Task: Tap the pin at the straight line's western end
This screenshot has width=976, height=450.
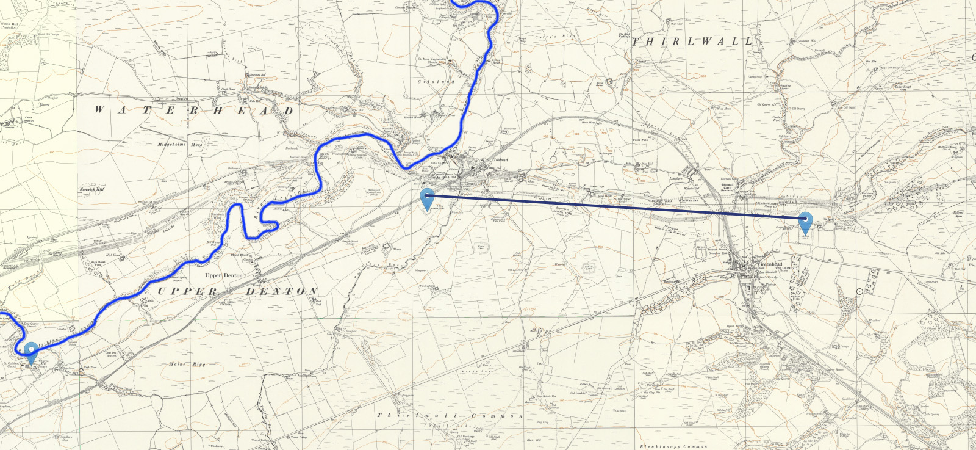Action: pyautogui.click(x=427, y=198)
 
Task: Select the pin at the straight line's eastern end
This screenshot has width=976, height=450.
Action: pyautogui.click(x=805, y=221)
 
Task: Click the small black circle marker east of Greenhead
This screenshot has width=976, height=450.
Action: pyautogui.click(x=859, y=291)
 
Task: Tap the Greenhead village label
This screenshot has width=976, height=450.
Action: pyautogui.click(x=769, y=264)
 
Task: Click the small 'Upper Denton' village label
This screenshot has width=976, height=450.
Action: pyautogui.click(x=223, y=275)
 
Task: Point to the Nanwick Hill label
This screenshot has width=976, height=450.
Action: pyautogui.click(x=91, y=189)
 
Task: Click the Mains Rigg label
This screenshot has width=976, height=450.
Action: pyautogui.click(x=187, y=365)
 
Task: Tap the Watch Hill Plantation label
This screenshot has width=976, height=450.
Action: pyautogui.click(x=9, y=26)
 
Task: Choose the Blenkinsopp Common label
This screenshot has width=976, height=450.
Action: pyautogui.click(x=673, y=446)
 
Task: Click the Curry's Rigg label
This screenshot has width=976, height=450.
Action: pyautogui.click(x=555, y=37)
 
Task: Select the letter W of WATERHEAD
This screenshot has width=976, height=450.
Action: pyautogui.click(x=99, y=111)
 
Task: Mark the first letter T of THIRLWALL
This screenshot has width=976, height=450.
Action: pyautogui.click(x=636, y=42)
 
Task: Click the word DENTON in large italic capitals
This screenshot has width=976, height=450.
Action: pyautogui.click(x=281, y=292)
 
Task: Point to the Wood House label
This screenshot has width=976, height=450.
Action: pyautogui.click(x=723, y=109)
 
